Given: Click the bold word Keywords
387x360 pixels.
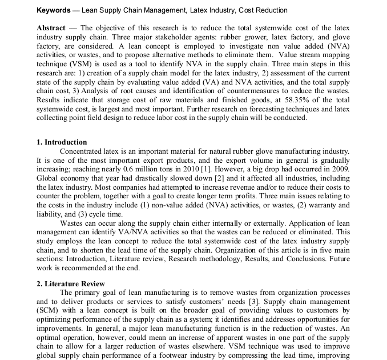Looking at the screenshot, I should coord(55,11).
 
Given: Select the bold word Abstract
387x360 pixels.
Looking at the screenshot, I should coord(51,28).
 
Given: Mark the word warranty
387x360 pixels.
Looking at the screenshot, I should coord(323,205).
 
